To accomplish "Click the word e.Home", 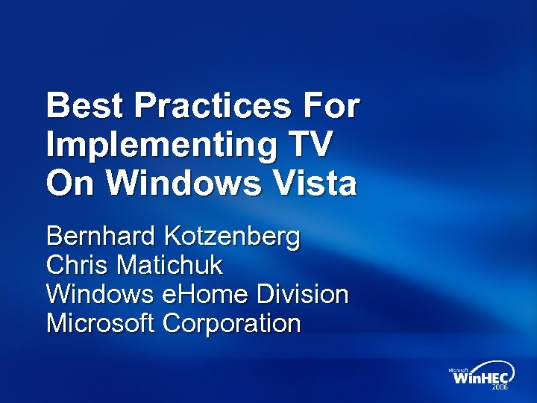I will pos(204,294).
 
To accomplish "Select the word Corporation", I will pos(232,323).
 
